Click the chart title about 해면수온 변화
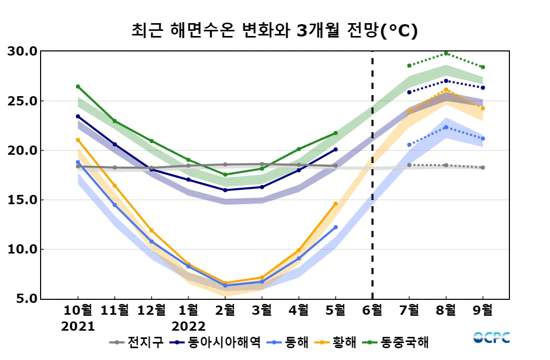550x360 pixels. click(274, 30)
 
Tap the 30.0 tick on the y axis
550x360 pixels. click(23, 51)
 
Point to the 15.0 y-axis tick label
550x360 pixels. click(23, 200)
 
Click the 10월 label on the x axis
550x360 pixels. click(78, 311)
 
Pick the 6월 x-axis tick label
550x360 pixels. click(372, 311)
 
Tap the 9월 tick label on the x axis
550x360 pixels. click(483, 311)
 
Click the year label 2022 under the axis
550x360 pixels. click(189, 326)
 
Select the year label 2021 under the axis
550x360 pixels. click(78, 326)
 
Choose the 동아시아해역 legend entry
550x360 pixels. click(216, 342)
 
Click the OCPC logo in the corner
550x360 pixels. click(491, 338)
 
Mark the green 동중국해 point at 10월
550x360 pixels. click(78, 86)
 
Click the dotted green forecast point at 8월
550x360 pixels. click(446, 53)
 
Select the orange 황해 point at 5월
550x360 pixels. click(336, 204)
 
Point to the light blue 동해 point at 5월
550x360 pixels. click(336, 227)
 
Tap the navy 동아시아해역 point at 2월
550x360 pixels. click(225, 190)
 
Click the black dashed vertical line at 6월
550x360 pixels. click(372, 175)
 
